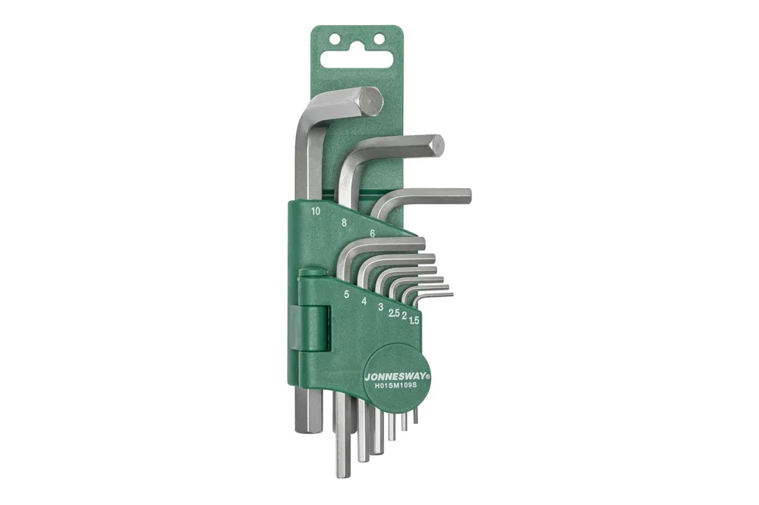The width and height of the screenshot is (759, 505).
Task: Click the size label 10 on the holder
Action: [x=316, y=211]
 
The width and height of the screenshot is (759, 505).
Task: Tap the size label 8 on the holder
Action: [x=344, y=222]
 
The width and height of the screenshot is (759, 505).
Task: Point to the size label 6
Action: [x=372, y=233]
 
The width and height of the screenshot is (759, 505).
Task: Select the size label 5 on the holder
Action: [x=347, y=294]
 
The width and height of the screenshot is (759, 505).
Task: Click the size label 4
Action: [x=364, y=301]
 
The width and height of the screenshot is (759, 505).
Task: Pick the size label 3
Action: [x=381, y=306]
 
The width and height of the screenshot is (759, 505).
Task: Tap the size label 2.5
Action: [x=394, y=313]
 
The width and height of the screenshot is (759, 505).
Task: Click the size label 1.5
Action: [x=414, y=320]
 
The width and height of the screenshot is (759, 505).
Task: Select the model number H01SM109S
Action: [x=396, y=385]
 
